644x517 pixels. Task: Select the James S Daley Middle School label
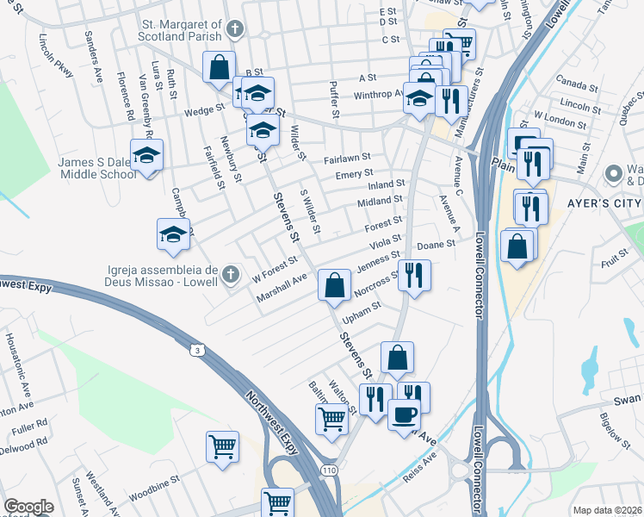click(x=96, y=168)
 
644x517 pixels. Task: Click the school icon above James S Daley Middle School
click(x=147, y=156)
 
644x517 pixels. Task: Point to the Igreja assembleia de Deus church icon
click(x=228, y=275)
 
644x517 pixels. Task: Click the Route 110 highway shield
click(x=329, y=470)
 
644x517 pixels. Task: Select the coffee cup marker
click(x=404, y=414)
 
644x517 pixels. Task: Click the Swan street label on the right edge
click(x=628, y=399)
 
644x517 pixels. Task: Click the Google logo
click(x=28, y=508)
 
